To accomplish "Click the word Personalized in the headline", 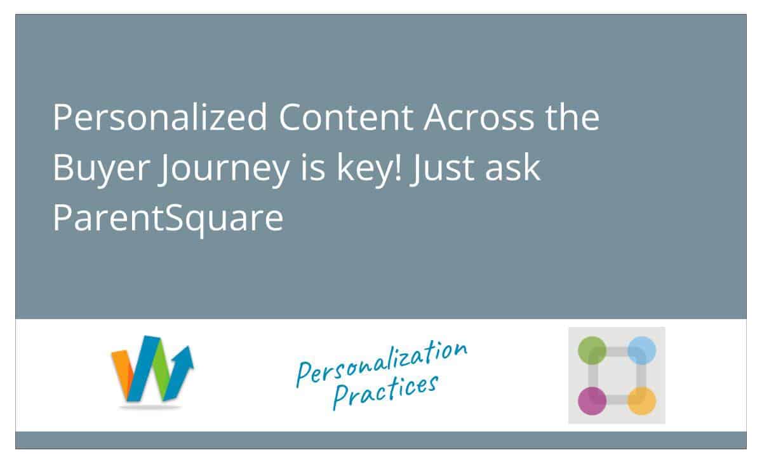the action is coord(160,117).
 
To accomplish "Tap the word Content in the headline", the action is coord(346,117).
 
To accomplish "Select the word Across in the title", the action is coord(479,117).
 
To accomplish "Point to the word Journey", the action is coord(225,169).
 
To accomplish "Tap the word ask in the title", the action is coord(512,167).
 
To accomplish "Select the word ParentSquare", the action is coord(168,218).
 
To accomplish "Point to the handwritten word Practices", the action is coord(385,392).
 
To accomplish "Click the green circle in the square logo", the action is coord(592,350).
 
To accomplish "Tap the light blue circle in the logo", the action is coord(641,350).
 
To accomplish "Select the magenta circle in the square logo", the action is coord(592,400).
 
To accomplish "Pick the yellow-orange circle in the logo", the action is coord(641,400).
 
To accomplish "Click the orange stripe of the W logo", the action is coord(123,373).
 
